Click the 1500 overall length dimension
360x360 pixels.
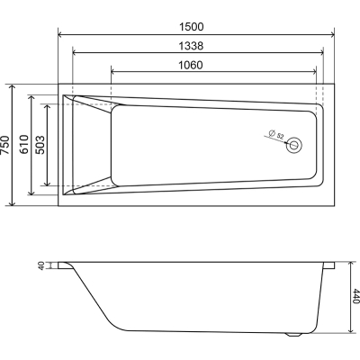click(192, 27)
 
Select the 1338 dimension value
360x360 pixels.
click(191, 46)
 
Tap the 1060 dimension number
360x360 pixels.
click(191, 65)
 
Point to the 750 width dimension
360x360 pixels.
click(5, 145)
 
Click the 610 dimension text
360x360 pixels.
click(23, 145)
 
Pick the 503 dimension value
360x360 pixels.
click(40, 145)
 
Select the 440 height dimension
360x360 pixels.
click(355, 296)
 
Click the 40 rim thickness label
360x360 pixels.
click(41, 265)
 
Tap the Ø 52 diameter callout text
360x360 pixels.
click(276, 134)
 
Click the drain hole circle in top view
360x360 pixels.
click(293, 145)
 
